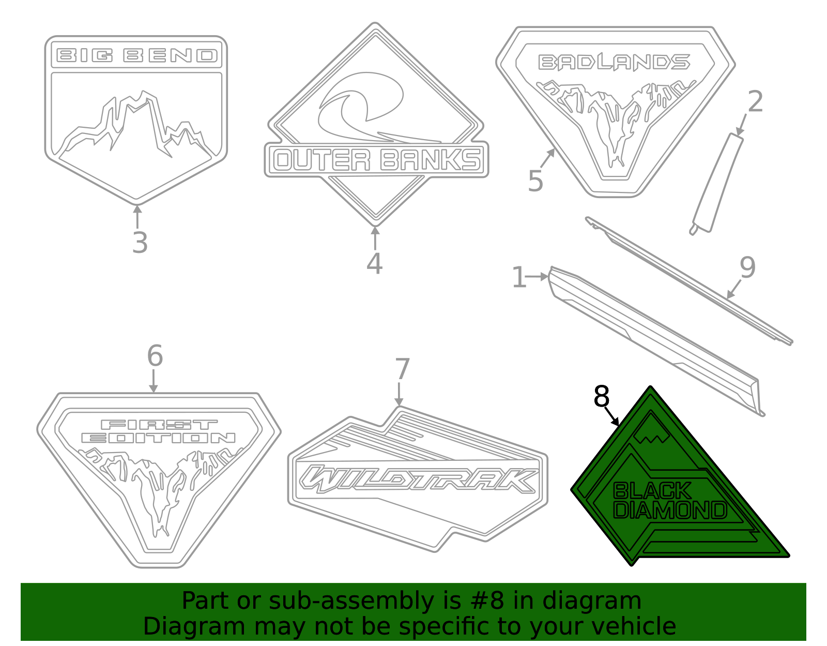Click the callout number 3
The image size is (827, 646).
click(x=140, y=243)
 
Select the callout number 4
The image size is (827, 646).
click(x=374, y=263)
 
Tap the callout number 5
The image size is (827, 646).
click(x=535, y=181)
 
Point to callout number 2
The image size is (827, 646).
click(x=755, y=101)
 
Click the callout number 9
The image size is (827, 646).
click(x=747, y=267)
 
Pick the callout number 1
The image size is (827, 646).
click(x=518, y=277)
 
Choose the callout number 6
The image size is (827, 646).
click(x=155, y=356)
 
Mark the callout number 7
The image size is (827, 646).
click(x=402, y=369)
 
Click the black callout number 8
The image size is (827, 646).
click(x=602, y=397)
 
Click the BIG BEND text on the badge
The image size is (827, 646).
click(x=136, y=55)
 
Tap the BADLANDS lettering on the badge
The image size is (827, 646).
click(x=614, y=63)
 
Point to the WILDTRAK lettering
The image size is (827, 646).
click(x=419, y=479)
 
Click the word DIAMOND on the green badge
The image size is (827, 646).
click(x=670, y=510)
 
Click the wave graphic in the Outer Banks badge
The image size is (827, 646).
click(x=362, y=106)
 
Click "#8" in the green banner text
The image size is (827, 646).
click(x=485, y=601)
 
